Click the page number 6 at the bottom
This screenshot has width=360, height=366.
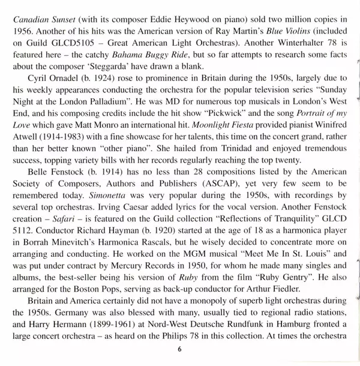pyautogui.click(x=179, y=349)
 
